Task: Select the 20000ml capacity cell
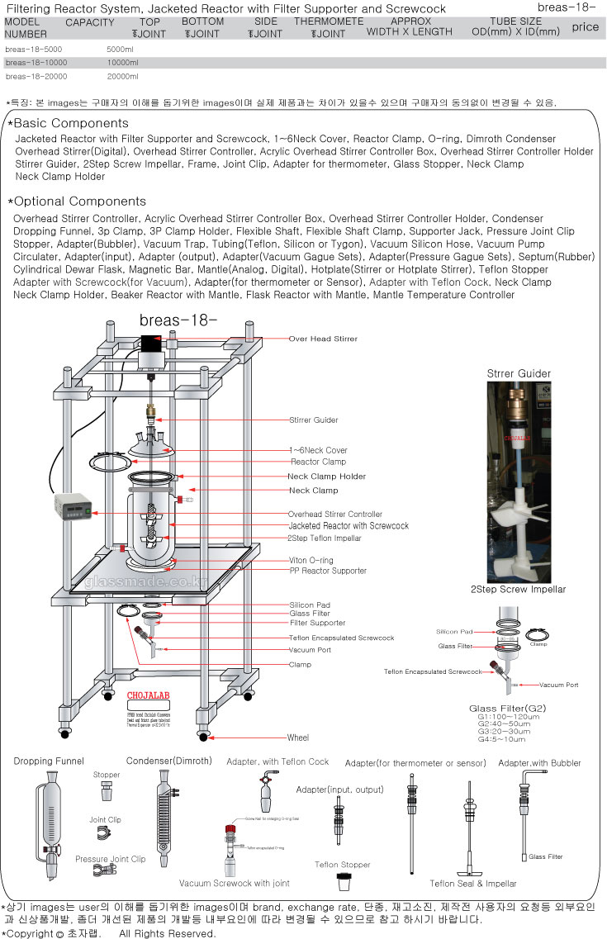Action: pos(121,77)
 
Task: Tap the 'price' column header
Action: pos(585,27)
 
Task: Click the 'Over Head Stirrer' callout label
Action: pos(323,339)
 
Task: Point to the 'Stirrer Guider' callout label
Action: pos(313,420)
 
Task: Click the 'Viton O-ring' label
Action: pos(311,561)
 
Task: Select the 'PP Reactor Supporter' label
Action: pos(327,571)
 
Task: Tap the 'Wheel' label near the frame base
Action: pos(298,737)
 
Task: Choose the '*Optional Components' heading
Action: pos(76,202)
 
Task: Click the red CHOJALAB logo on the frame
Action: pos(148,695)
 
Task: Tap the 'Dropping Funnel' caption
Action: pos(49,761)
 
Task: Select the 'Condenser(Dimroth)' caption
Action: pos(168,761)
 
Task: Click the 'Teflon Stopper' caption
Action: pos(343,865)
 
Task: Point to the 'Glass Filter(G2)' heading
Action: pos(507,709)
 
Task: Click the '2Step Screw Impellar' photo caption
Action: pos(518,590)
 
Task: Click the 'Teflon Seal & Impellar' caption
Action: pos(473,884)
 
